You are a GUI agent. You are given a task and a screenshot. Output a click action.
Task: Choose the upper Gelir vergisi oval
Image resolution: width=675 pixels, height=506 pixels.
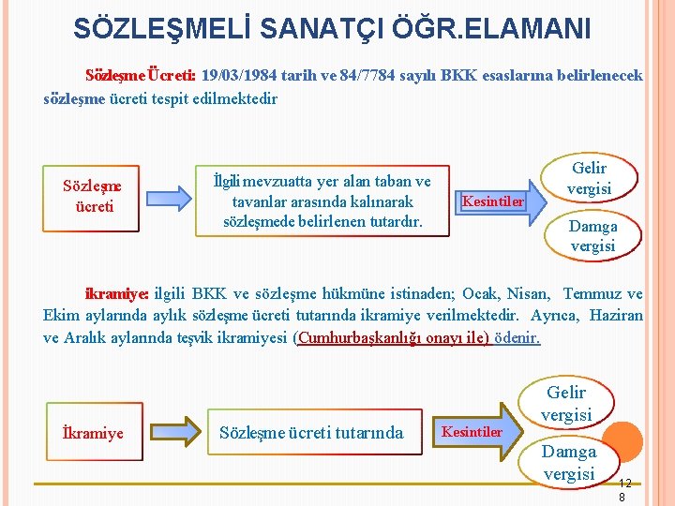(x=590, y=178)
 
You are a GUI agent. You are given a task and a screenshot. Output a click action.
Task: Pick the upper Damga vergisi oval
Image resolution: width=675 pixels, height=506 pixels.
(x=592, y=235)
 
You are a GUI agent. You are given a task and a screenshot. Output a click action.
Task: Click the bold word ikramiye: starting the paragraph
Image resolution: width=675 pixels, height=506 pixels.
(x=117, y=293)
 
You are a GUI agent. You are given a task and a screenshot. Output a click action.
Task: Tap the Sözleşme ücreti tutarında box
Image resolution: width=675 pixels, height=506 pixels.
(x=311, y=433)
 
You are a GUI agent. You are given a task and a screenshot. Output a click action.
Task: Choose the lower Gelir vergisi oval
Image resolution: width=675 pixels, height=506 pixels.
(x=567, y=403)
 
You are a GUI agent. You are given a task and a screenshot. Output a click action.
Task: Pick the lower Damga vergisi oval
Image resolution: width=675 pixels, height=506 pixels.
(x=570, y=462)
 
